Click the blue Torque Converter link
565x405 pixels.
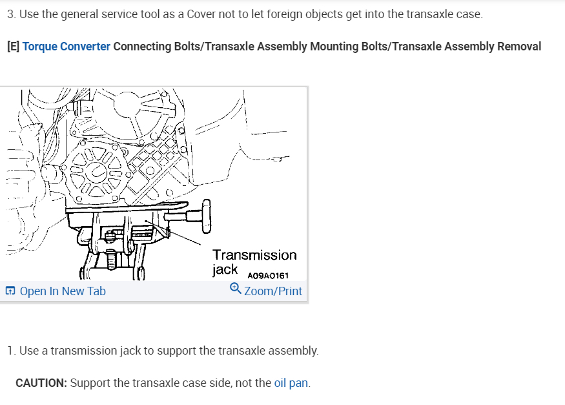[x=66, y=47]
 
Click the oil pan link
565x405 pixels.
[x=291, y=382]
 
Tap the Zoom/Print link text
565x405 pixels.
[x=273, y=291]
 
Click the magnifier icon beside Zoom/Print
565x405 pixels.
[x=236, y=288]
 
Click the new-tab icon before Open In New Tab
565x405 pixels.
[x=10, y=291]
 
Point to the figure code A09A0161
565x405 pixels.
[x=268, y=276]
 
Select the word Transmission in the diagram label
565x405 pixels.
[x=255, y=255]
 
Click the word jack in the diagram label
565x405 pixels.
[x=225, y=269]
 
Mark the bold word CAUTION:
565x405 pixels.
[x=41, y=382]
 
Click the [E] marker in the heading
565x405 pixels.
[x=14, y=47]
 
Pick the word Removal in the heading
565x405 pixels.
[x=519, y=47]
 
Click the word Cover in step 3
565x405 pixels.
[x=201, y=14]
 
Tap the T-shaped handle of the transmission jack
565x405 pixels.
[x=206, y=216]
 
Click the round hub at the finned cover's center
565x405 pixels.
[x=96, y=172]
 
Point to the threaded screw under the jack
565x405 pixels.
[x=111, y=259]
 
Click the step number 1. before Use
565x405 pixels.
[x=12, y=351]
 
